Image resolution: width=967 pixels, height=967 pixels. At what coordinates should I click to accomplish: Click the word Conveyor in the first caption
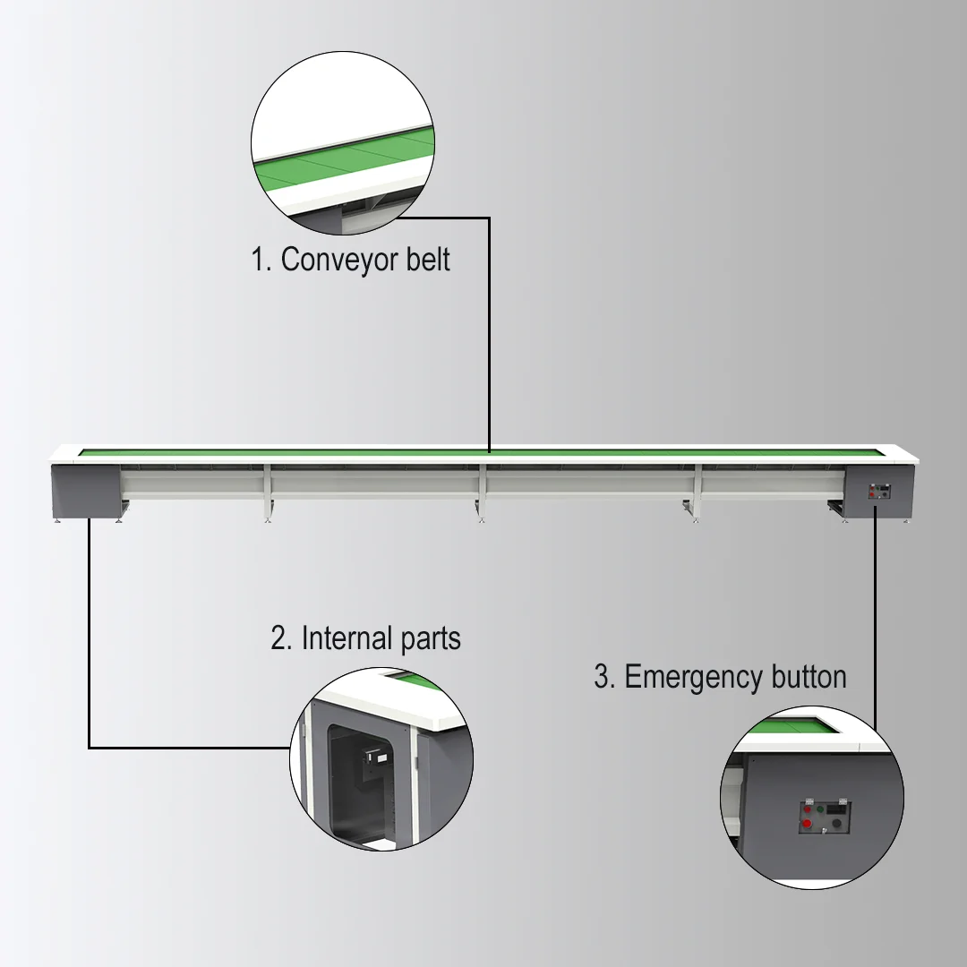(x=330, y=260)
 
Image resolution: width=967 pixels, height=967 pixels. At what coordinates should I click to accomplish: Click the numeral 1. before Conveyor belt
(x=261, y=260)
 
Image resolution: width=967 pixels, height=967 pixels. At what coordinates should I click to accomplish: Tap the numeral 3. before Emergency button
(x=604, y=677)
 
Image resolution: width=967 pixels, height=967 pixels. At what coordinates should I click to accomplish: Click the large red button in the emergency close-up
(x=807, y=823)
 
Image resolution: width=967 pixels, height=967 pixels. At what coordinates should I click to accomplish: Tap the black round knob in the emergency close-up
(x=837, y=822)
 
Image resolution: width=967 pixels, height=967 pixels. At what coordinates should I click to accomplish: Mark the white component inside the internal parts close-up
(x=375, y=760)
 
